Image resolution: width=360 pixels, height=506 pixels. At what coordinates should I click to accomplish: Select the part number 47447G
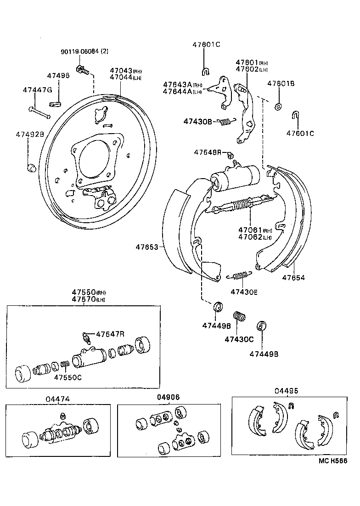(37, 90)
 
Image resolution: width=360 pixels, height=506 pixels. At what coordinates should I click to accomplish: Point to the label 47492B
(29, 134)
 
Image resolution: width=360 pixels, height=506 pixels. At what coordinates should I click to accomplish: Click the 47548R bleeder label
(207, 152)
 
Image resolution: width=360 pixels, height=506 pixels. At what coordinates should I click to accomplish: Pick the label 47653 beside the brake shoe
(146, 247)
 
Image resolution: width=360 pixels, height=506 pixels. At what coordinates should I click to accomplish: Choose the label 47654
(293, 277)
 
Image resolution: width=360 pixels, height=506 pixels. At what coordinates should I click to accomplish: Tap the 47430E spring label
(244, 292)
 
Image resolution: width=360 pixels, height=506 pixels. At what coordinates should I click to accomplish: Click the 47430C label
(239, 339)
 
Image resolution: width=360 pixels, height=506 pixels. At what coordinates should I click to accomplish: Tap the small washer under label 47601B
(278, 107)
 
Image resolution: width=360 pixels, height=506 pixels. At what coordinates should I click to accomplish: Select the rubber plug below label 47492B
(31, 167)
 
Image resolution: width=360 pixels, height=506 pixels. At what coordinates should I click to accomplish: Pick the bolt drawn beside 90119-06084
(84, 69)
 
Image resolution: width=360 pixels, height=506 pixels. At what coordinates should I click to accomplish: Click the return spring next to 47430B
(225, 122)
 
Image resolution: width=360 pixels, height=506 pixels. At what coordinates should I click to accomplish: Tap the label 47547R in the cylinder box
(109, 333)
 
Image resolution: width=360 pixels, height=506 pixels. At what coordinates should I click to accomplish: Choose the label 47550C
(67, 377)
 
